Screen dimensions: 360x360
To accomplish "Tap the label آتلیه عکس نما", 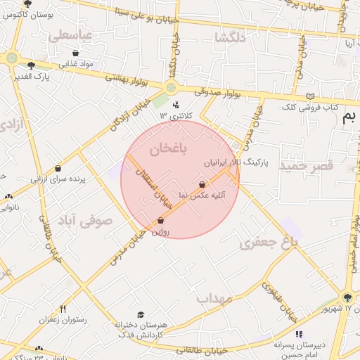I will [x=202, y=195].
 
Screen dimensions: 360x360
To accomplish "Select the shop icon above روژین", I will [x=160, y=221].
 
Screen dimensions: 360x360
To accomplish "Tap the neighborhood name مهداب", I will [x=214, y=299].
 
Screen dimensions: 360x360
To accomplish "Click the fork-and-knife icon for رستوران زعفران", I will [x=63, y=309].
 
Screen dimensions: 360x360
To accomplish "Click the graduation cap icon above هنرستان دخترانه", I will [x=141, y=314].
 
